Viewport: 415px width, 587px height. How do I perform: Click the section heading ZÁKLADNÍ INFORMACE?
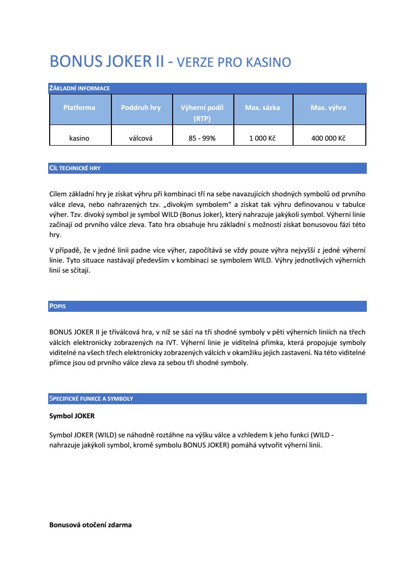[x=79, y=88]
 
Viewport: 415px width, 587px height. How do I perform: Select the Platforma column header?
[x=79, y=107]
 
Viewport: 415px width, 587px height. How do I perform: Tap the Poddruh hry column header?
[x=141, y=107]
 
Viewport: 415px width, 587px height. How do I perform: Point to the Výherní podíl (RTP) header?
[x=202, y=113]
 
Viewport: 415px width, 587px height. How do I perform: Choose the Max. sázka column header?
[x=262, y=107]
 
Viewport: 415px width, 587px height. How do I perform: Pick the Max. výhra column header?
[x=328, y=107]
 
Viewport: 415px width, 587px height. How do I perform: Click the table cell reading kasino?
[x=79, y=138]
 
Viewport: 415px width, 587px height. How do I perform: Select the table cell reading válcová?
[x=141, y=138]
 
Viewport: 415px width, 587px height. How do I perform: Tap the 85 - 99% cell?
[x=202, y=138]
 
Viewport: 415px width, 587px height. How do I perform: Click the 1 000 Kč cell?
[x=262, y=138]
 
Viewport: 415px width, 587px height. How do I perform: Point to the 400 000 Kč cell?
[x=328, y=138]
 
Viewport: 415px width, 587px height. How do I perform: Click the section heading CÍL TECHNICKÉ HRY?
[x=75, y=168]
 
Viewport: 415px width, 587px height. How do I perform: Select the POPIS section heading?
[x=57, y=306]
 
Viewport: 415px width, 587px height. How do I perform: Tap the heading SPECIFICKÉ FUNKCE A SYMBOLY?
[x=91, y=399]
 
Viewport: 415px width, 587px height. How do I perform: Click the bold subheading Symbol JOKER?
[x=72, y=416]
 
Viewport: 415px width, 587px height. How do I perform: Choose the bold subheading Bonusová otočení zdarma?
[x=90, y=525]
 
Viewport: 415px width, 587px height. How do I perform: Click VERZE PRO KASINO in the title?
[x=234, y=63]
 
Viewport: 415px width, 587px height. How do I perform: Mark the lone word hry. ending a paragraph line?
[x=55, y=234]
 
